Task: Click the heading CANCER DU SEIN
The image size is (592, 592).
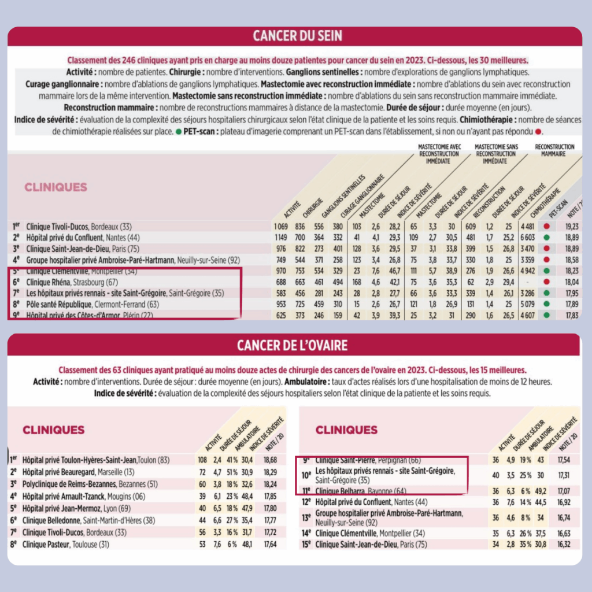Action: click(x=297, y=36)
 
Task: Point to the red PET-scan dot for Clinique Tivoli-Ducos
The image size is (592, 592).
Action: click(x=546, y=227)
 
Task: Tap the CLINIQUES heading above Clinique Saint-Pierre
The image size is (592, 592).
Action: click(x=346, y=430)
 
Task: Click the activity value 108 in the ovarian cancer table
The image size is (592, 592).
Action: click(x=202, y=460)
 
